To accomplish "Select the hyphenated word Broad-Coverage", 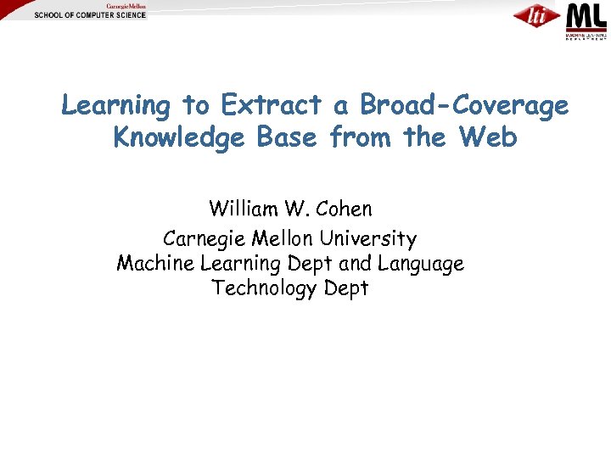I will coord(463,105).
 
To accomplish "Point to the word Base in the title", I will coord(283,137).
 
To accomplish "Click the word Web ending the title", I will coord(488,137).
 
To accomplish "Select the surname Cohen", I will coord(343,208).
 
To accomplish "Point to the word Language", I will coord(420,265).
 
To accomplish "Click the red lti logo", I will coord(535,16).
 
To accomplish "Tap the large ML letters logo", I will coord(586,16).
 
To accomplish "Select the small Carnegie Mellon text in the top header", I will coord(125,6).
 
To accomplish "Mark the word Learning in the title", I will coord(116,106).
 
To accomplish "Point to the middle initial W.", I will coord(299,208).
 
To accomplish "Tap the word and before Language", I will coord(356,264).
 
